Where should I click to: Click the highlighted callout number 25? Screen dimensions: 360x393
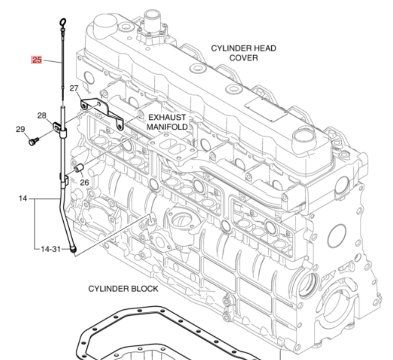[37, 60]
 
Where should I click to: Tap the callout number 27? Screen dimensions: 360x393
[74, 89]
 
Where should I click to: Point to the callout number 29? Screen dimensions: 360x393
[20, 129]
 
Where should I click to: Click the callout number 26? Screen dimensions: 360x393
[84, 183]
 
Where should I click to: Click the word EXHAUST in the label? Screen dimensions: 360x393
[167, 117]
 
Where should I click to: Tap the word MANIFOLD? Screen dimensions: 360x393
[167, 127]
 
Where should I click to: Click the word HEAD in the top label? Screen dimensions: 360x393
[264, 49]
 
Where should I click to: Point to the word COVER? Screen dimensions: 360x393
[244, 58]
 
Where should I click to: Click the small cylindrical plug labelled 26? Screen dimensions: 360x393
[79, 167]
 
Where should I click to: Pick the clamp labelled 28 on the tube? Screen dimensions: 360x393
[60, 127]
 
